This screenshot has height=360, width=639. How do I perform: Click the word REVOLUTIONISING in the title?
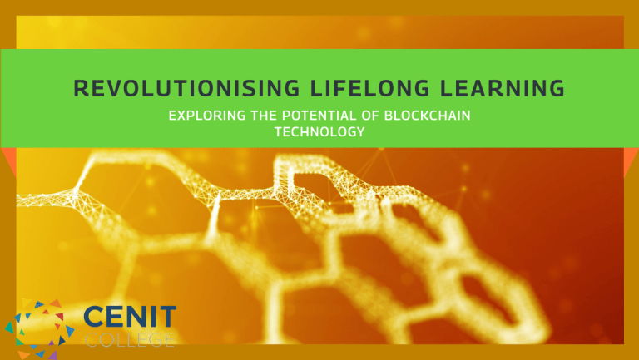click(186, 88)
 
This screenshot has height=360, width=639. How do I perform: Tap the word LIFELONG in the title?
click(369, 88)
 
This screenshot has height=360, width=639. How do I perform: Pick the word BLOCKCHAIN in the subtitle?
click(428, 116)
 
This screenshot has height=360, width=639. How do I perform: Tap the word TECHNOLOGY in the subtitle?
click(319, 132)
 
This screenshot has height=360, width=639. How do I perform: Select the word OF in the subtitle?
click(370, 116)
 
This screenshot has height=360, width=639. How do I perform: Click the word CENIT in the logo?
click(130, 317)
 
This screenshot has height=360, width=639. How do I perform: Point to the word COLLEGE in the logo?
click(130, 339)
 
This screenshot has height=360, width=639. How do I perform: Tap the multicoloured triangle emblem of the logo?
click(40, 329)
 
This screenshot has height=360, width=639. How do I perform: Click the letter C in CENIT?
click(94, 317)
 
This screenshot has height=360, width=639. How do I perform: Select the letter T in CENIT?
click(167, 317)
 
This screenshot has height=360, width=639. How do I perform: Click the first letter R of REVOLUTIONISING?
click(81, 88)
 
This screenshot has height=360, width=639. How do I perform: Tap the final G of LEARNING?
click(557, 88)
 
